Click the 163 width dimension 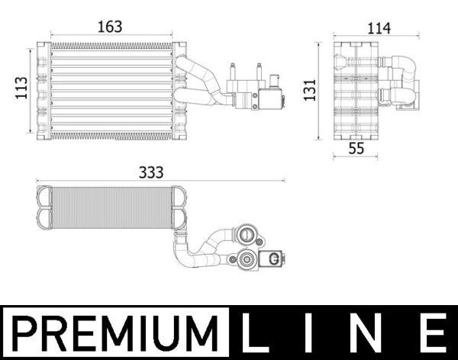[111, 26]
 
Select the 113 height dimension [21, 91]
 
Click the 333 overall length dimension [152, 173]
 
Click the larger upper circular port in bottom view [248, 231]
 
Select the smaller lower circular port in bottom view [248, 261]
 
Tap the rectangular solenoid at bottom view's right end [272, 260]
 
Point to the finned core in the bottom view [107, 207]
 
